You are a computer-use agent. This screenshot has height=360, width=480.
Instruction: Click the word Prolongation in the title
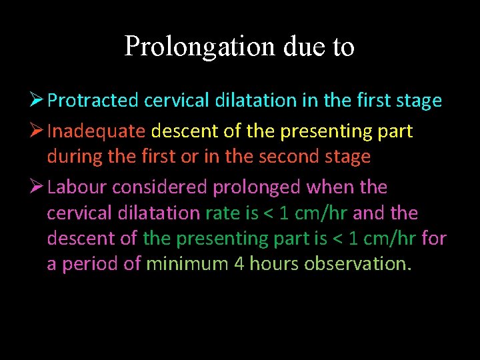click(x=199, y=47)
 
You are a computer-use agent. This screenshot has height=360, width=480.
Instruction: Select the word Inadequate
click(x=96, y=131)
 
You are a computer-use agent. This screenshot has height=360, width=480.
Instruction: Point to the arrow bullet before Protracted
click(x=37, y=100)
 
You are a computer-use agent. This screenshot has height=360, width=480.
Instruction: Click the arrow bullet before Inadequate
click(x=37, y=131)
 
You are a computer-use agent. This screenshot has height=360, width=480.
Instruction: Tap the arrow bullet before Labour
click(x=37, y=187)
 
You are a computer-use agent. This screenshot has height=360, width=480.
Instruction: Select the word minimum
click(x=187, y=263)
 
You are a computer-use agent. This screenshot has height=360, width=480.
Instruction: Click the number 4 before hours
click(x=239, y=263)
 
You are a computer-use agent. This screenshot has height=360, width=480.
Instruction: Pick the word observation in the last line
click(x=358, y=263)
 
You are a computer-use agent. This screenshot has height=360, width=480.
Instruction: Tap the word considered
click(x=159, y=187)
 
